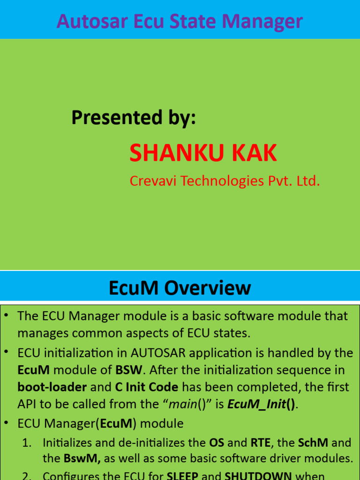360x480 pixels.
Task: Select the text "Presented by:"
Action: point(134,118)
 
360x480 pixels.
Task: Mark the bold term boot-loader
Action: point(52,388)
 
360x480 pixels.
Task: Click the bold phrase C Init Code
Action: point(147,388)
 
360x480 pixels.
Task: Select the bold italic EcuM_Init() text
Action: point(262,405)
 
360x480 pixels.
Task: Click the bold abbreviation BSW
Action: point(127,370)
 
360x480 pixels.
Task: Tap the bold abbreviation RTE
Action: point(261,442)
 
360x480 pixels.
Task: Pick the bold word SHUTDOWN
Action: point(258,476)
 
